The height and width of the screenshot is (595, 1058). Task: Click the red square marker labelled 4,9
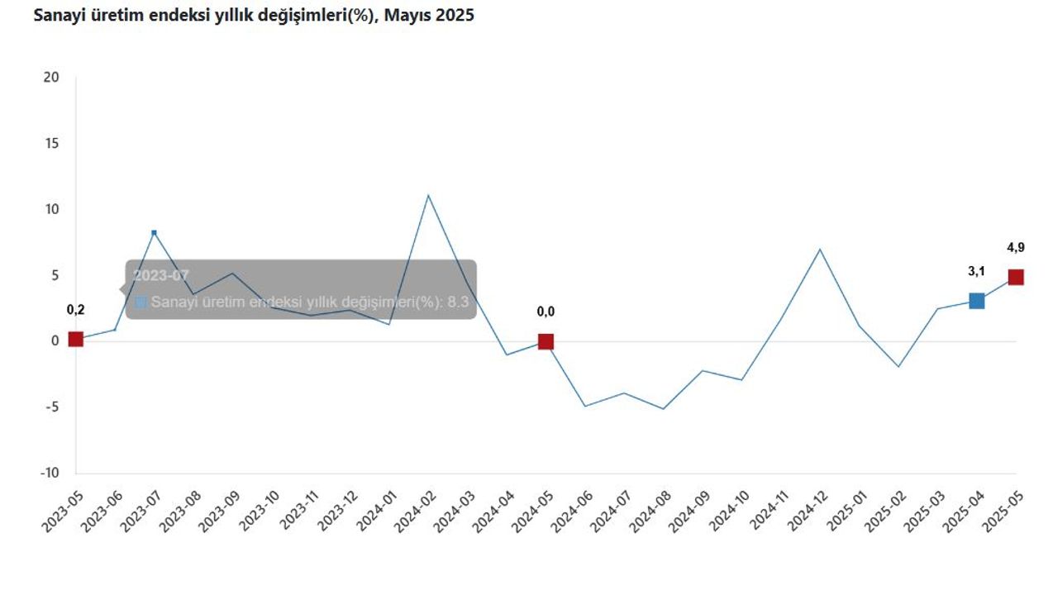tap(1016, 277)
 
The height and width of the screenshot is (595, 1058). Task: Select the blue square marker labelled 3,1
tap(976, 301)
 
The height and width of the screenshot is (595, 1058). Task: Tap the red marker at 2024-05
tap(546, 341)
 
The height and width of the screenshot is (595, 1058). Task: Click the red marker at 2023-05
tap(75, 339)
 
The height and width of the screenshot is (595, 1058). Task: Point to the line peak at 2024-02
tap(428, 195)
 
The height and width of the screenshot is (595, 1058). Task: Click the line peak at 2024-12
tap(819, 249)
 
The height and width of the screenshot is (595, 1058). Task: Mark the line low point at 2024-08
tap(663, 408)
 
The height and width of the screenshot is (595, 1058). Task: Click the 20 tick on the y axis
tap(51, 77)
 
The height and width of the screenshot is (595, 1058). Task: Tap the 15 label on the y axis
tap(51, 143)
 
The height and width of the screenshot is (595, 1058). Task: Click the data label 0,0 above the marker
tap(546, 312)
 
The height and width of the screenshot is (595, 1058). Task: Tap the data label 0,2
tap(75, 310)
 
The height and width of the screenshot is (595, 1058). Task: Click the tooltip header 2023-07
tap(161, 275)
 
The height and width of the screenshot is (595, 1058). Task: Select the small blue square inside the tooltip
tap(141, 302)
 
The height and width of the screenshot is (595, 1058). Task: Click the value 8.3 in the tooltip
tap(458, 302)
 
